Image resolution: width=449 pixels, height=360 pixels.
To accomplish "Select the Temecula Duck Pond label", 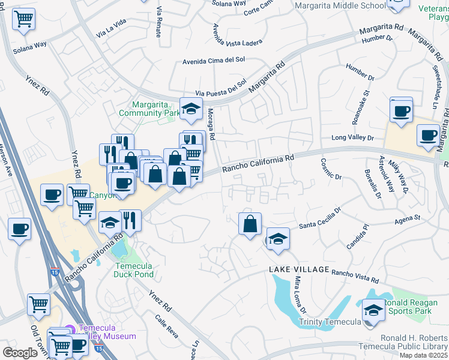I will click(134, 270).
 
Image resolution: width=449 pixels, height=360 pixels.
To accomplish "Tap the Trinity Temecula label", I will click(329, 322).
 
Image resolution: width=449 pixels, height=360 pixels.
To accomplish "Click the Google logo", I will click(20, 352).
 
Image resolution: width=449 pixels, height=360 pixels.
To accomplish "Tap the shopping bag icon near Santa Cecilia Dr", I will click(249, 224).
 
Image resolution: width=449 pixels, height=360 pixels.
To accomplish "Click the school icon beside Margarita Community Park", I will click(190, 109).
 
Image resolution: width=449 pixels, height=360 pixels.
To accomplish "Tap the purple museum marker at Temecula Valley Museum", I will click(70, 329).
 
